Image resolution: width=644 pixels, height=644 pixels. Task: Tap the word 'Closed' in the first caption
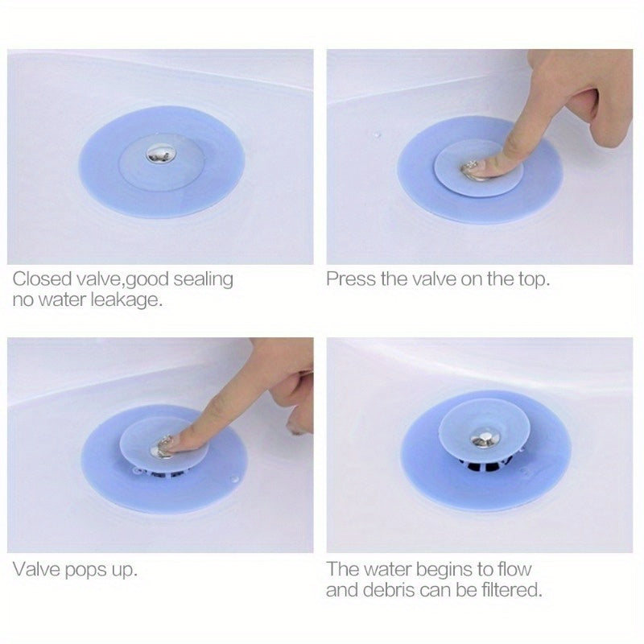pyautogui.click(x=43, y=279)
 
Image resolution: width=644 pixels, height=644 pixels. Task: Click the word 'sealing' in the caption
pyautogui.click(x=203, y=280)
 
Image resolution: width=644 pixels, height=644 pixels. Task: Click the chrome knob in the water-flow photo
pyautogui.click(x=485, y=438)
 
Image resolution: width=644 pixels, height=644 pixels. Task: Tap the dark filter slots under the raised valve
pyautogui.click(x=485, y=464)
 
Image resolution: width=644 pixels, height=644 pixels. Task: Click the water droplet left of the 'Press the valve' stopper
pyautogui.click(x=376, y=134)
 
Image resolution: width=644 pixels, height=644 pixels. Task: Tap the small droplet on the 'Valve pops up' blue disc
pyautogui.click(x=234, y=479)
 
